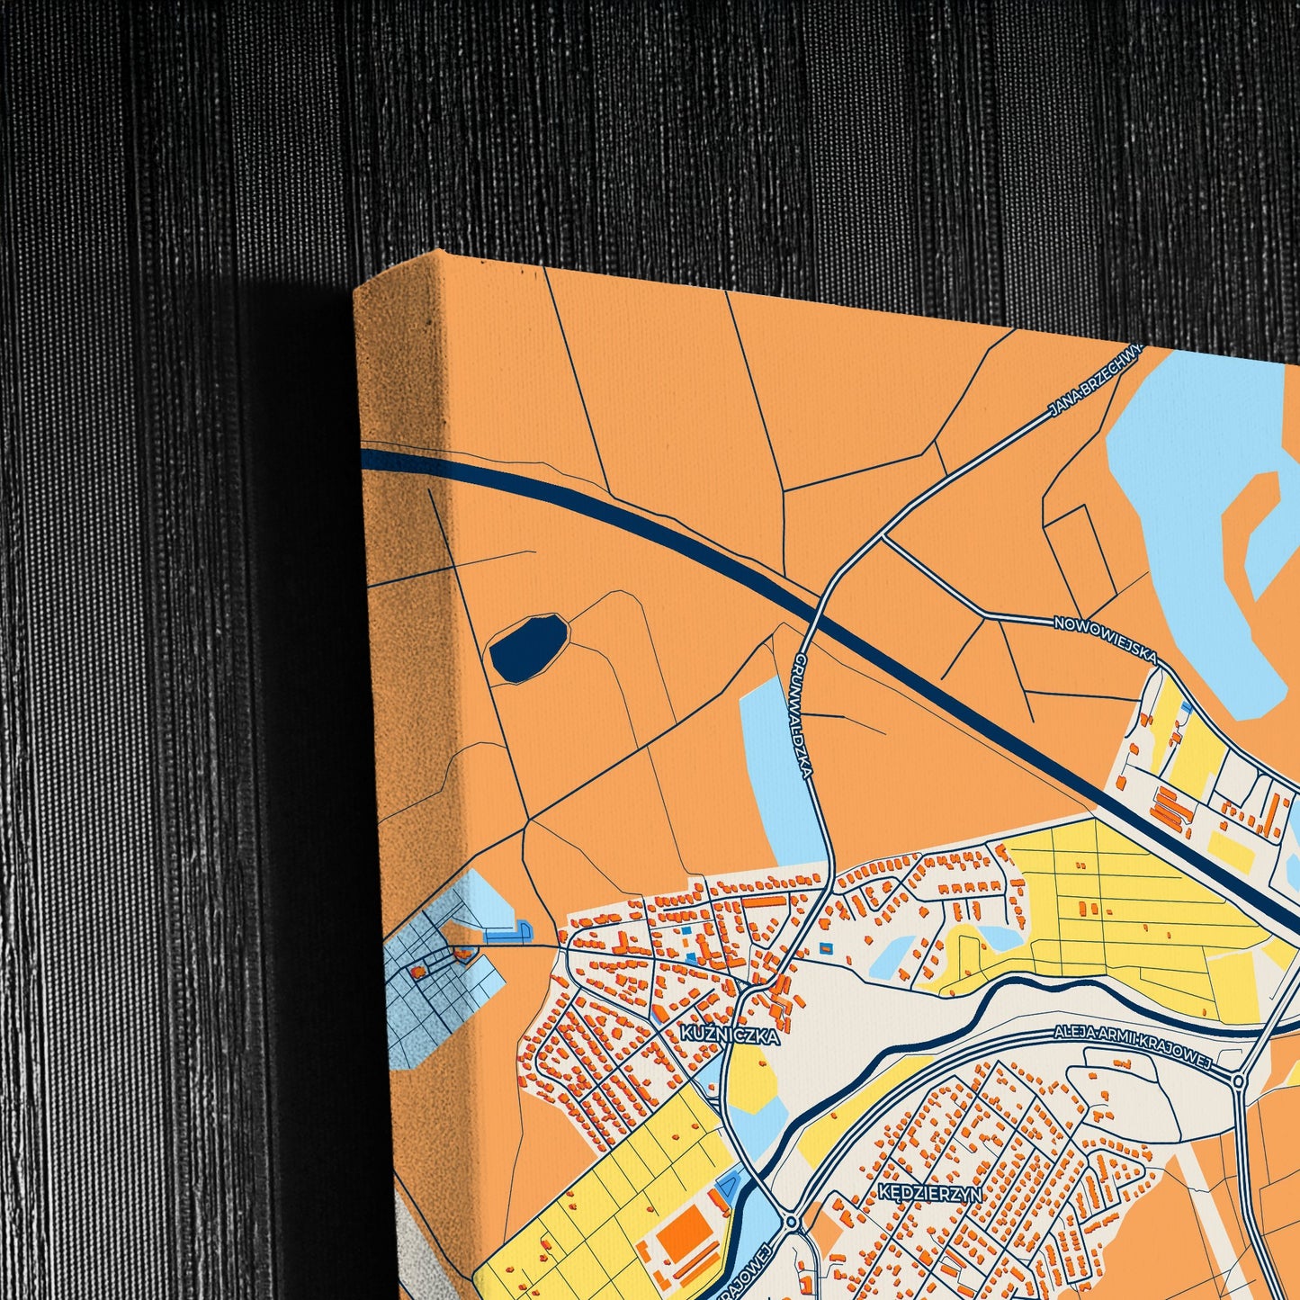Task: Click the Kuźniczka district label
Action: (729, 1035)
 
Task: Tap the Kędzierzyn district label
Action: (930, 1193)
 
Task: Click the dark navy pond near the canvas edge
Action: (528, 646)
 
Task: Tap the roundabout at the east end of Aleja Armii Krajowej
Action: (1239, 1080)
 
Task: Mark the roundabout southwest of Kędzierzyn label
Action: (791, 1222)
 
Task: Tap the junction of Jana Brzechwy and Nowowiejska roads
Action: (885, 538)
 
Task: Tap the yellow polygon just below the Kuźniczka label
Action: (752, 1076)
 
